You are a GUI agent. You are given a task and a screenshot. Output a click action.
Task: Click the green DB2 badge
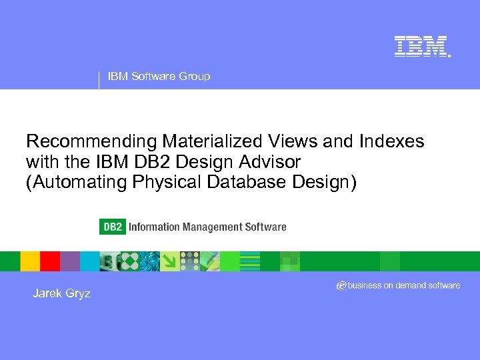[112, 227]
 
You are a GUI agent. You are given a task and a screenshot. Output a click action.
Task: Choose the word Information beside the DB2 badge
[153, 227]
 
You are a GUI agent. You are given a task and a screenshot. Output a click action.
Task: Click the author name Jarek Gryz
[61, 293]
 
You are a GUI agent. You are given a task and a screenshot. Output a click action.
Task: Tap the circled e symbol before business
[341, 285]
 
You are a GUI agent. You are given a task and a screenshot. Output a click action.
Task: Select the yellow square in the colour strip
[30, 261]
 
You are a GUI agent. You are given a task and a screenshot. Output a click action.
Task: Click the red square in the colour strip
[50, 261]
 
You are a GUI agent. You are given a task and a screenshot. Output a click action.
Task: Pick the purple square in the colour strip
[70, 261]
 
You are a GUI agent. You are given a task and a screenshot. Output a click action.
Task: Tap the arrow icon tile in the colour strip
[170, 261]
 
